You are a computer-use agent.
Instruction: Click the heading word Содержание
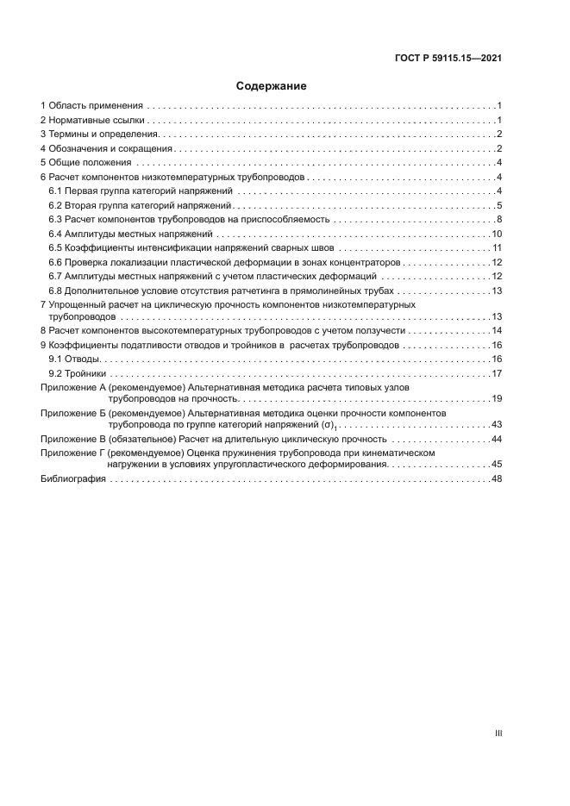coord(272,86)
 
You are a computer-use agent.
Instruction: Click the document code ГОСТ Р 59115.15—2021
coord(448,59)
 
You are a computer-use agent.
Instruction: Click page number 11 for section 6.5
coord(497,248)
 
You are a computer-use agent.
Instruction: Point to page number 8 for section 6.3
coord(499,220)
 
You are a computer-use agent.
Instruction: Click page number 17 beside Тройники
coord(497,372)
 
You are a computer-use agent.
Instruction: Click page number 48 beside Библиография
coord(497,479)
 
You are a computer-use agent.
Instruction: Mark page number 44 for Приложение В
coord(497,440)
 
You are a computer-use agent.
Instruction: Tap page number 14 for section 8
coord(497,330)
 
